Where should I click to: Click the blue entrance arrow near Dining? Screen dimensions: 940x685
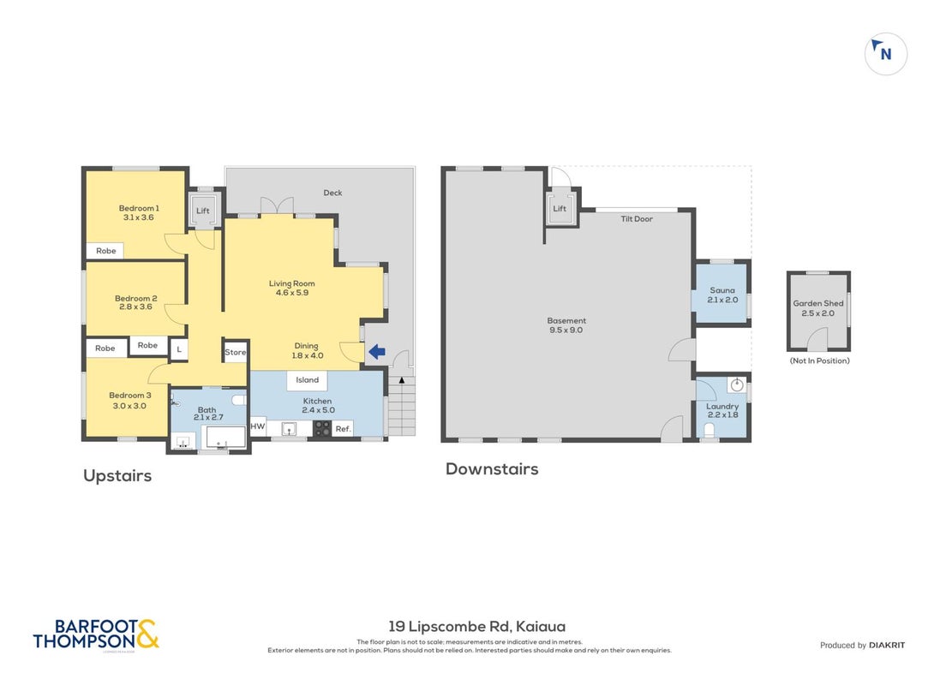point(376,352)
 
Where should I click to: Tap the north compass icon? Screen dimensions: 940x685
point(885,54)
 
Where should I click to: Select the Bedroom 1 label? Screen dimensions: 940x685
point(139,212)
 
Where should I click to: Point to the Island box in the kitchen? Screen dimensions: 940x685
point(307,380)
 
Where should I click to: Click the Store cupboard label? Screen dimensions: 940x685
point(235,353)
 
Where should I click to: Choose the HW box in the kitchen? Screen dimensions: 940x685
point(258,426)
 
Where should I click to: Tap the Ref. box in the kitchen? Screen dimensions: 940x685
point(343,428)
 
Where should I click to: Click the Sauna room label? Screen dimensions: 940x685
point(722,295)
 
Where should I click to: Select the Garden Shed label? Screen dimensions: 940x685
point(818,308)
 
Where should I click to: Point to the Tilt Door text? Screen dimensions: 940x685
point(637,218)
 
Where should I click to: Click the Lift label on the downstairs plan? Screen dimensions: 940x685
point(560,209)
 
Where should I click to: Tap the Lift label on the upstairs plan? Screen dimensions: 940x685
point(202,211)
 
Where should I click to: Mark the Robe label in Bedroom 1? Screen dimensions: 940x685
point(106,251)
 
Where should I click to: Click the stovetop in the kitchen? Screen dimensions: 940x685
point(322,428)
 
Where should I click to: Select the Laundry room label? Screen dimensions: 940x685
point(722,410)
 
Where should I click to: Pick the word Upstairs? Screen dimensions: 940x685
point(117,476)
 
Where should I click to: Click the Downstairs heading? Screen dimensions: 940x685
point(492,468)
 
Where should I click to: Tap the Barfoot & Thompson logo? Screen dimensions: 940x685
point(96,635)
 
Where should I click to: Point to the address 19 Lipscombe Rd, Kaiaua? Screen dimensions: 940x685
point(477,626)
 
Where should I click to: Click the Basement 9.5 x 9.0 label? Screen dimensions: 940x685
point(566,325)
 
